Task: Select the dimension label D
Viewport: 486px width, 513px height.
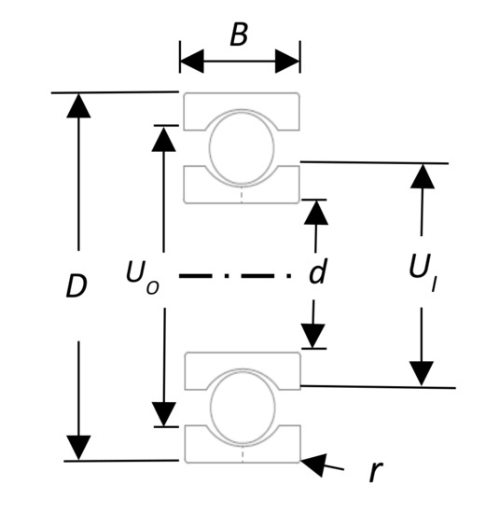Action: tap(76, 286)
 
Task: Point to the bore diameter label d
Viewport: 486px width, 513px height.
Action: tap(317, 272)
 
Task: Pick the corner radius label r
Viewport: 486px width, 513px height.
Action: tap(375, 471)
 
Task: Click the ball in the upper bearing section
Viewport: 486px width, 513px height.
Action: tap(241, 147)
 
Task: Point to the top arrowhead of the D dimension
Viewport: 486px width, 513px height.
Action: tap(78, 104)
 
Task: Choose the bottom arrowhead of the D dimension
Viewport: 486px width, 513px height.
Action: tap(78, 448)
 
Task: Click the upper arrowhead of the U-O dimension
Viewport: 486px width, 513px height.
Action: tap(164, 137)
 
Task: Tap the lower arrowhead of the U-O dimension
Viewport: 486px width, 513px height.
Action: tap(164, 414)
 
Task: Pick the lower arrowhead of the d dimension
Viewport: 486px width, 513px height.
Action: tap(314, 337)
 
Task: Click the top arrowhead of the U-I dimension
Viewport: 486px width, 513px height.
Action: tap(423, 176)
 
